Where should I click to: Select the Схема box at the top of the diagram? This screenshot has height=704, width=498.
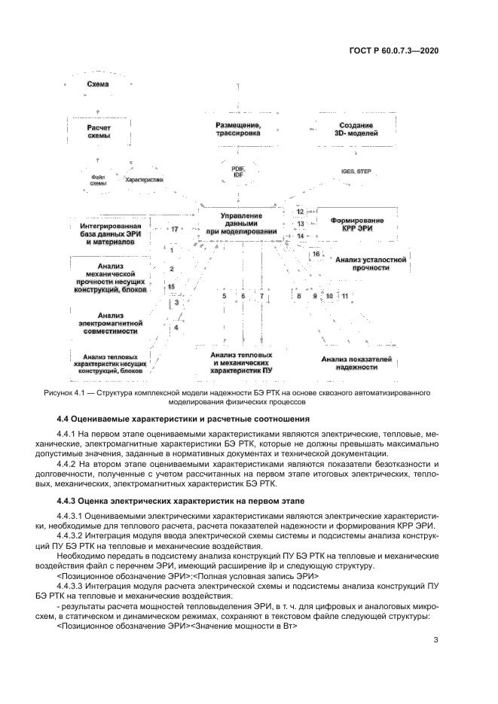(x=98, y=84)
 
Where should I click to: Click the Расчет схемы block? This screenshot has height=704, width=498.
(x=98, y=132)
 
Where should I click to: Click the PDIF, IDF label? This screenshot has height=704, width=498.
(x=238, y=172)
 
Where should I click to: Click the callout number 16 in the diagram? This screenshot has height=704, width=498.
(x=316, y=254)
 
